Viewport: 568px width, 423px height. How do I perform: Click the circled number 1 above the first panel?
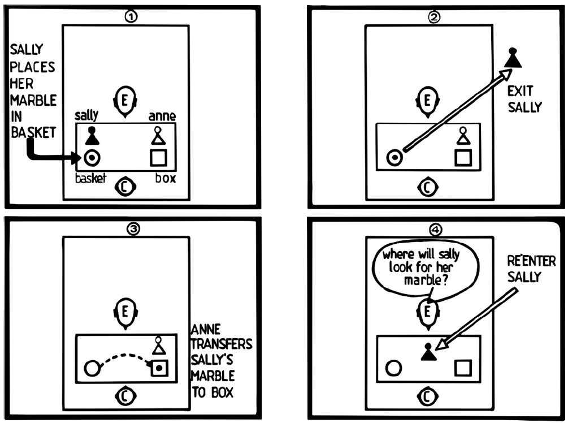[130, 17]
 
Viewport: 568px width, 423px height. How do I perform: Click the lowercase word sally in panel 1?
[86, 115]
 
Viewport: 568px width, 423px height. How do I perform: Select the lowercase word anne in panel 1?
[162, 116]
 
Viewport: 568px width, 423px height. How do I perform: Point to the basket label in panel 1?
[91, 178]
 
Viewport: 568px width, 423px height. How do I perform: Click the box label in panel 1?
[166, 178]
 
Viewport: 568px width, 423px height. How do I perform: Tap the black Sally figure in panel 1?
[92, 136]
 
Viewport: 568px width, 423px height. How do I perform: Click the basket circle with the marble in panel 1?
[92, 158]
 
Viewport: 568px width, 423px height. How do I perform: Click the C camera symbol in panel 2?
[427, 187]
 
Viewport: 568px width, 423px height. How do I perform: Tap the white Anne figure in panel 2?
[463, 136]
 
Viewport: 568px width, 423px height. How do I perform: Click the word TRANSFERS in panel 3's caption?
[222, 344]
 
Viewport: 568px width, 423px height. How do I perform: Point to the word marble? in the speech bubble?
[430, 278]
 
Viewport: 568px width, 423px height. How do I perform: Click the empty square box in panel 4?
[463, 368]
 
